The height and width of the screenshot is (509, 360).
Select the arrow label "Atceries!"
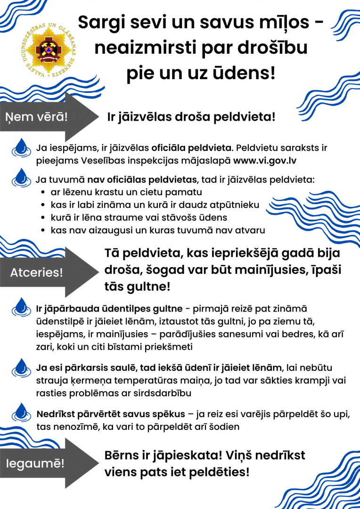(37, 272)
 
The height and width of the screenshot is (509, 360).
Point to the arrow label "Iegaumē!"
(35, 463)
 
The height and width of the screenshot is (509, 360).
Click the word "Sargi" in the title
(100, 22)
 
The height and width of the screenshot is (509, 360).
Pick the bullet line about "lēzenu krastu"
(126, 192)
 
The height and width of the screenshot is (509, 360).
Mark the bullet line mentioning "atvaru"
(157, 230)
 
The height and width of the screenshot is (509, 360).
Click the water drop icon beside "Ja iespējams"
(21, 148)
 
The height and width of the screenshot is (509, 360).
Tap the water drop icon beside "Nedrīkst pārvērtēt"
(21, 411)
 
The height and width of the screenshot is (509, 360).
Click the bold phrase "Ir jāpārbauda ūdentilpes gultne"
(109, 309)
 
